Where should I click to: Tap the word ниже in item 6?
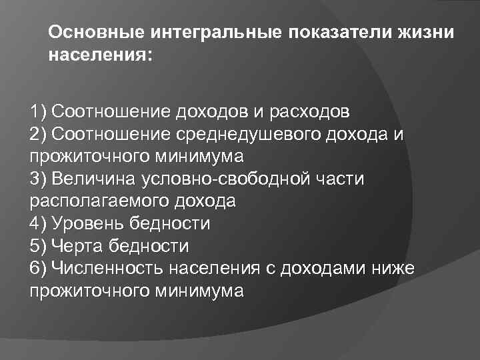point(395,269)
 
